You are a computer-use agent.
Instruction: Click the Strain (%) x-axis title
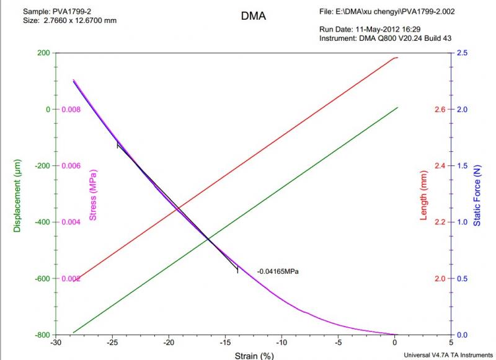click(254, 355)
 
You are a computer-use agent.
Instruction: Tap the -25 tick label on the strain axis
click(112, 342)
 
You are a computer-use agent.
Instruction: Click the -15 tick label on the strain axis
click(225, 342)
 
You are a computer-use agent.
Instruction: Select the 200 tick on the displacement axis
click(43, 53)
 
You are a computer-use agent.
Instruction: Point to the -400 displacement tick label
click(41, 222)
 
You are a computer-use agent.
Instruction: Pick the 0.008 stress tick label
click(71, 110)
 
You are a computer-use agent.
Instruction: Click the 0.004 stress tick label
click(71, 222)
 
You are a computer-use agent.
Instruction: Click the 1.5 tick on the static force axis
click(462, 166)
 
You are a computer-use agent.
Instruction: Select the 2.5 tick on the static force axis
click(462, 53)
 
